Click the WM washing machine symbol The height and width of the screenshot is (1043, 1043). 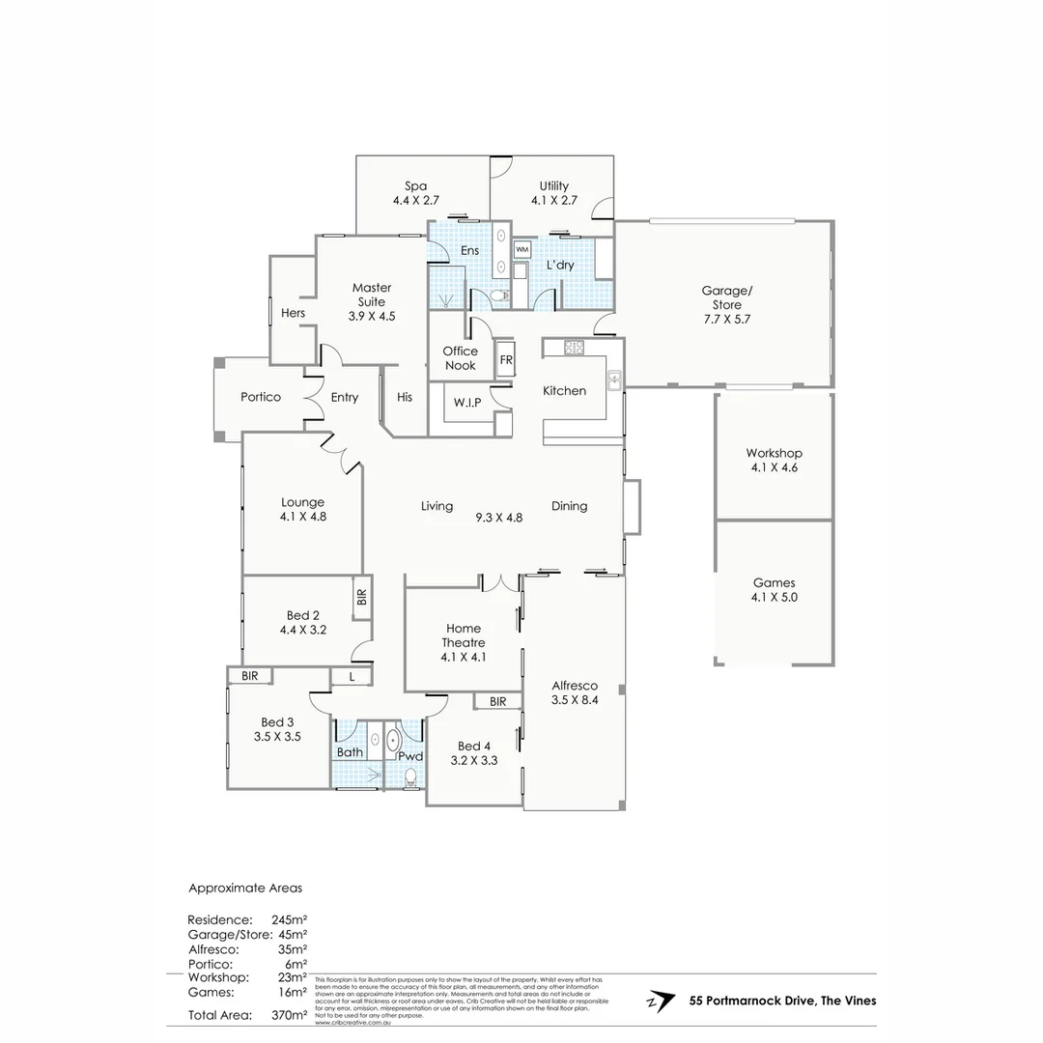coord(522,250)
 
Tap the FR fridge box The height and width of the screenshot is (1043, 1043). coord(506,360)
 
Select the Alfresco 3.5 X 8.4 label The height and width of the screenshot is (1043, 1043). coord(575,692)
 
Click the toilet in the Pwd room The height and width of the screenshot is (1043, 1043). coord(412,775)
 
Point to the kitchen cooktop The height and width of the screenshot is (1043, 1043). coord(575,347)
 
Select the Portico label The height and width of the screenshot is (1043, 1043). coord(261,397)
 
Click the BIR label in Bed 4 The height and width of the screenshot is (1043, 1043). coord(497,702)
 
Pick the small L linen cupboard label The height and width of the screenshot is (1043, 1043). coord(352,677)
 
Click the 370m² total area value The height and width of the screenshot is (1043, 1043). coord(289,1015)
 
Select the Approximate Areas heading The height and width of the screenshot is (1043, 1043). coord(244,888)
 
